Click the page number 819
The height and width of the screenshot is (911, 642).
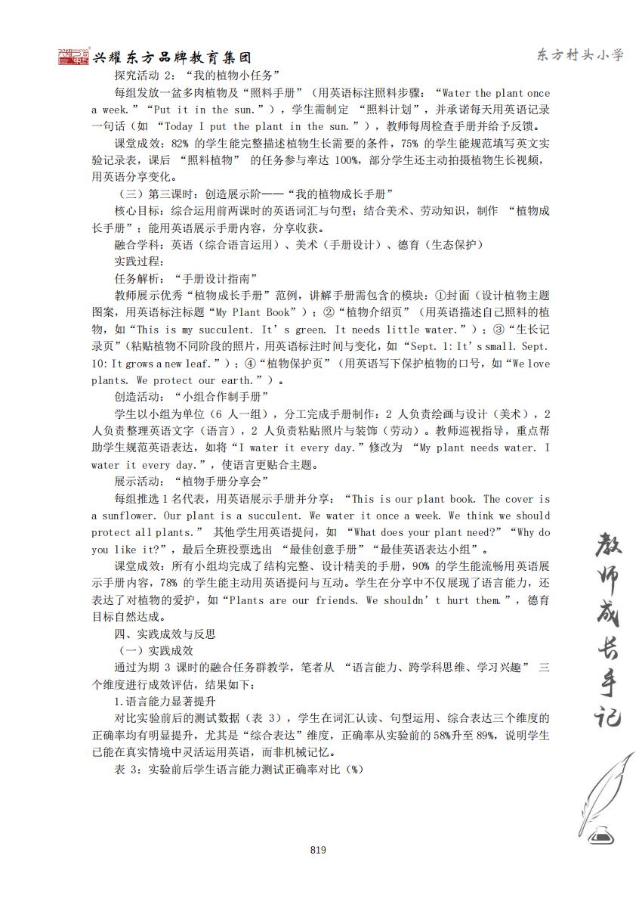(318, 850)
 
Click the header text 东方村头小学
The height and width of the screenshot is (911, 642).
(580, 55)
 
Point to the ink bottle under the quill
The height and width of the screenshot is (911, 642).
(601, 835)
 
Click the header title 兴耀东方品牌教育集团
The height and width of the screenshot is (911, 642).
(171, 58)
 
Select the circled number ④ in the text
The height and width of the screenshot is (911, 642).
(313, 364)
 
